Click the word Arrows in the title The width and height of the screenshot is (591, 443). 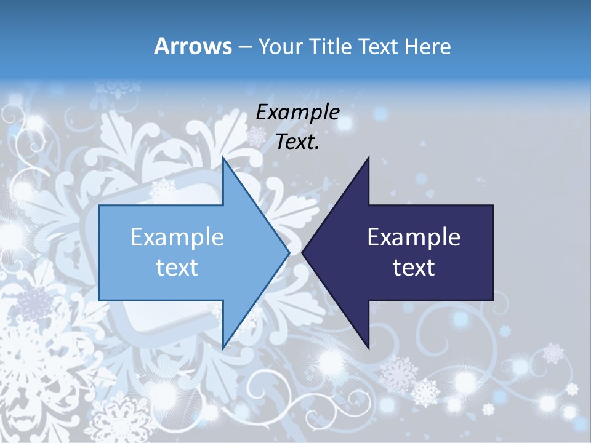pyautogui.click(x=192, y=46)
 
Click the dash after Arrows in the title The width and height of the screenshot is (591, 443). pyautogui.click(x=244, y=47)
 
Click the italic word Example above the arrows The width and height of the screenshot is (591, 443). pyautogui.click(x=297, y=112)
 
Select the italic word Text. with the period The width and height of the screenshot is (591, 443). pyautogui.click(x=297, y=142)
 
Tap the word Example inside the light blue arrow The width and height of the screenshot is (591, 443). pyautogui.click(x=177, y=237)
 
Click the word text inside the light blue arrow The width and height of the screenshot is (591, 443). pyautogui.click(x=177, y=268)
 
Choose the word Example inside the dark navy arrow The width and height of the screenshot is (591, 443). pyautogui.click(x=414, y=237)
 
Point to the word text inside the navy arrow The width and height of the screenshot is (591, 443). pyautogui.click(x=414, y=268)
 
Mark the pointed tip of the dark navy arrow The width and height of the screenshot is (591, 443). pyautogui.click(x=303, y=252)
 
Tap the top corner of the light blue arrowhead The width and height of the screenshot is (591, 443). pyautogui.click(x=223, y=158)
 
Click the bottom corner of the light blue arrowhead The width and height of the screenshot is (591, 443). pyautogui.click(x=223, y=348)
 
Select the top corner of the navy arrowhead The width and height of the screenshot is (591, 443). pyautogui.click(x=368, y=158)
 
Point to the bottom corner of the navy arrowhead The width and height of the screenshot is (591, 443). pyautogui.click(x=368, y=348)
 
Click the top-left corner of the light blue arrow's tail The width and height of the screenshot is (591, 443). pyautogui.click(x=100, y=206)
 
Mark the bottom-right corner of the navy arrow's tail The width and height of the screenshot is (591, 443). pyautogui.click(x=492, y=300)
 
